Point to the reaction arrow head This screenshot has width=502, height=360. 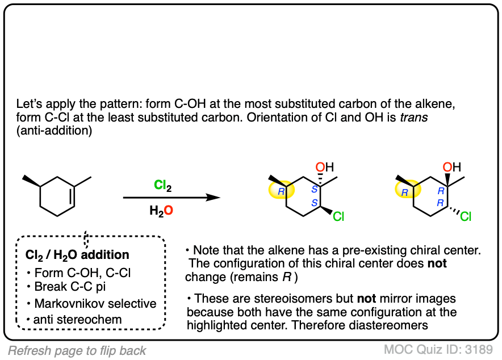(214, 197)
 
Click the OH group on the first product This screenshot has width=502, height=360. (325, 167)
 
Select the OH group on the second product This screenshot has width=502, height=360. (451, 167)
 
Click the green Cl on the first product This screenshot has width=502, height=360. (338, 216)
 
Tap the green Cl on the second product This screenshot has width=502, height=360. (466, 216)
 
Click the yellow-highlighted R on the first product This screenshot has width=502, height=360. (281, 192)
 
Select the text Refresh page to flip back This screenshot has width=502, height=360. (77, 350)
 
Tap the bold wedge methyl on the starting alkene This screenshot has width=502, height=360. (30, 181)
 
